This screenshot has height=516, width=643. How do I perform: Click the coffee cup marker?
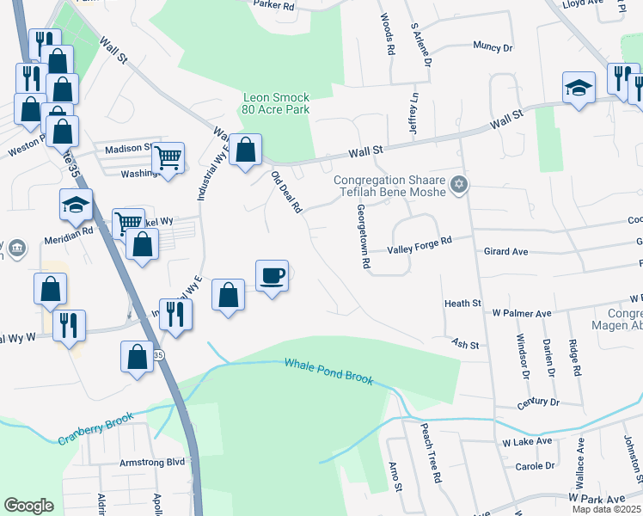click(x=272, y=276)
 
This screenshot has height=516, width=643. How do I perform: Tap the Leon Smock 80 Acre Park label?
click(x=277, y=103)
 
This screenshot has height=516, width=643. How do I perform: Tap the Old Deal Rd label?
click(x=286, y=192)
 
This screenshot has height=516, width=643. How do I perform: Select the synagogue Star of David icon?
click(x=459, y=183)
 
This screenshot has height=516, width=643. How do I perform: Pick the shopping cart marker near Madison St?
click(x=168, y=157)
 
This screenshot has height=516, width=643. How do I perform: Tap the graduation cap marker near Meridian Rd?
click(x=76, y=205)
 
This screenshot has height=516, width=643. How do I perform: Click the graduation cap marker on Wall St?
click(x=579, y=87)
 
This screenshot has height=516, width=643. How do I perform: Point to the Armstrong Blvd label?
click(x=152, y=462)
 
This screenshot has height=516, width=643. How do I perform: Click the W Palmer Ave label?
click(x=522, y=314)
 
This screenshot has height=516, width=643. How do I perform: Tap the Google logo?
click(x=28, y=506)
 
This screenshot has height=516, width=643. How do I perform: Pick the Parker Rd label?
click(x=275, y=5)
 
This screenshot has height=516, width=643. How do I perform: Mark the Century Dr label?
click(x=538, y=402)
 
